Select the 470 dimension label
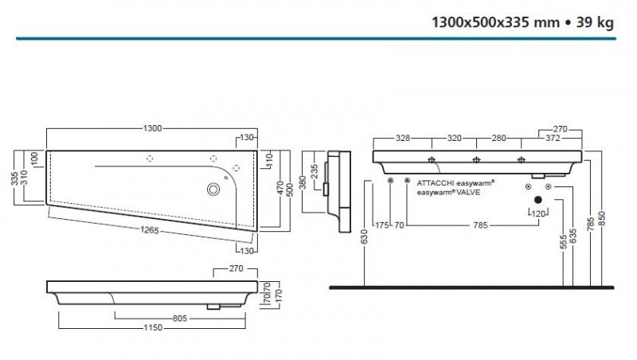coord(280,188)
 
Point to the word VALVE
coord(478,192)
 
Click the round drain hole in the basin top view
coord(213,189)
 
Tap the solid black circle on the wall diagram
coord(537,200)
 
